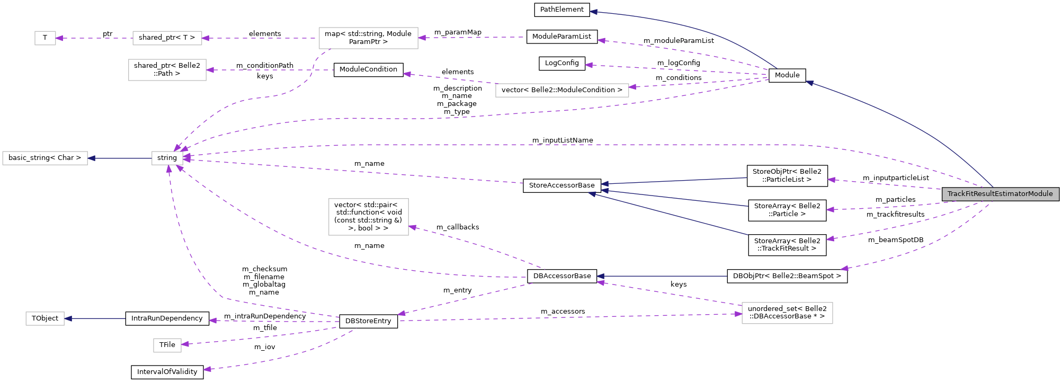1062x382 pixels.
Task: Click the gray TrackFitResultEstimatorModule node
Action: click(1000, 194)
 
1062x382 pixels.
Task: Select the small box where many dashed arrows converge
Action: click(167, 158)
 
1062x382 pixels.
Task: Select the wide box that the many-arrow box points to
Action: click(45, 158)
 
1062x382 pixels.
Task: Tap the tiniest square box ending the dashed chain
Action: click(45, 38)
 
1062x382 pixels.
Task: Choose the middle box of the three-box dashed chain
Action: click(167, 38)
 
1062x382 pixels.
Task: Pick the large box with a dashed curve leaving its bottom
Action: click(369, 38)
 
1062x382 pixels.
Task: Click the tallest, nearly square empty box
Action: click(369, 217)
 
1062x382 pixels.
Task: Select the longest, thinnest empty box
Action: click(562, 90)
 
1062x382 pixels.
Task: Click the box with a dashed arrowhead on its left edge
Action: click(787, 313)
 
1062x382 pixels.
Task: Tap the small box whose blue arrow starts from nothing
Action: click(45, 318)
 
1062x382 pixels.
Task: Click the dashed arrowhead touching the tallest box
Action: click(413, 227)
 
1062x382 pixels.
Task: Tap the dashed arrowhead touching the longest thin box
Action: click(633, 87)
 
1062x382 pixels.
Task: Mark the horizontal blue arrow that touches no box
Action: click(662, 276)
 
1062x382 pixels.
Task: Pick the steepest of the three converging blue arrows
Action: click(667, 214)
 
